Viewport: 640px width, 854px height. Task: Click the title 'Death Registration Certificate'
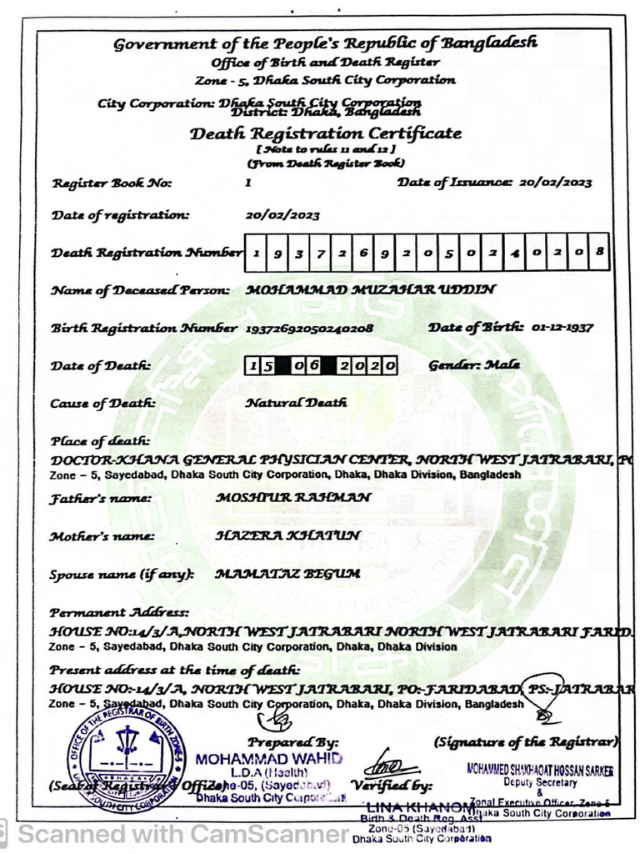tap(325, 133)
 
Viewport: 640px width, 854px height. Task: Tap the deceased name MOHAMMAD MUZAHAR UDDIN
tap(372, 289)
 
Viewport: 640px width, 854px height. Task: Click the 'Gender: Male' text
tap(474, 365)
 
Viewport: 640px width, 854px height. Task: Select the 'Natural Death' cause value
tap(296, 403)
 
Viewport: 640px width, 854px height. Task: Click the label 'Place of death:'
tap(100, 440)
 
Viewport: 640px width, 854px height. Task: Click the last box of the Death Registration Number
tap(599, 252)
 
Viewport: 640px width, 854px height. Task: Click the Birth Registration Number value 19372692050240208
tap(309, 329)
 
